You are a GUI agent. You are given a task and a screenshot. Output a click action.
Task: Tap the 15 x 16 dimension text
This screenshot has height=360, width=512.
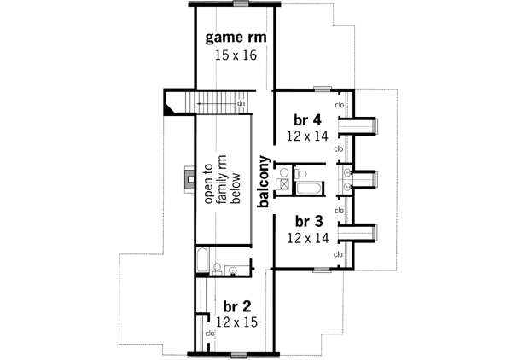point(234,55)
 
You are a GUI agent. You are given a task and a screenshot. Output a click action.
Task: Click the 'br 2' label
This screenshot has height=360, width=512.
point(236,305)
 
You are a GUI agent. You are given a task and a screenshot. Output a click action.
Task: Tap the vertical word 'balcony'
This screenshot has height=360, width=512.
point(265,181)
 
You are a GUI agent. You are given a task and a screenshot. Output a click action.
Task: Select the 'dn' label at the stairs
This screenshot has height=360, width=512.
point(241,103)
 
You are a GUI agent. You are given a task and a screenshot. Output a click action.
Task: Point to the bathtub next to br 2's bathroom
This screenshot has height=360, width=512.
point(202,261)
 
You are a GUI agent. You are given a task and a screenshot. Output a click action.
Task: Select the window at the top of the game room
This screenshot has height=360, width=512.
point(241,4)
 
